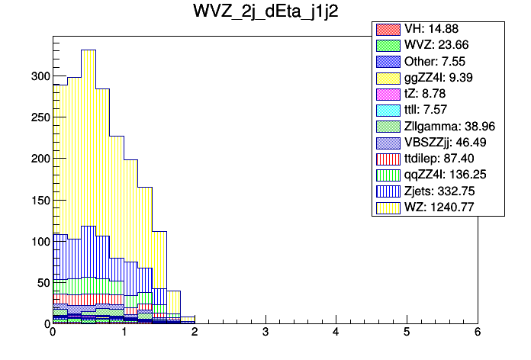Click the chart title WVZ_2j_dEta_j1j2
click(265, 14)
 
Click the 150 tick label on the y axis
click(39, 200)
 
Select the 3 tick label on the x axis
click(265, 333)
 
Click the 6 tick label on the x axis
click(478, 333)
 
